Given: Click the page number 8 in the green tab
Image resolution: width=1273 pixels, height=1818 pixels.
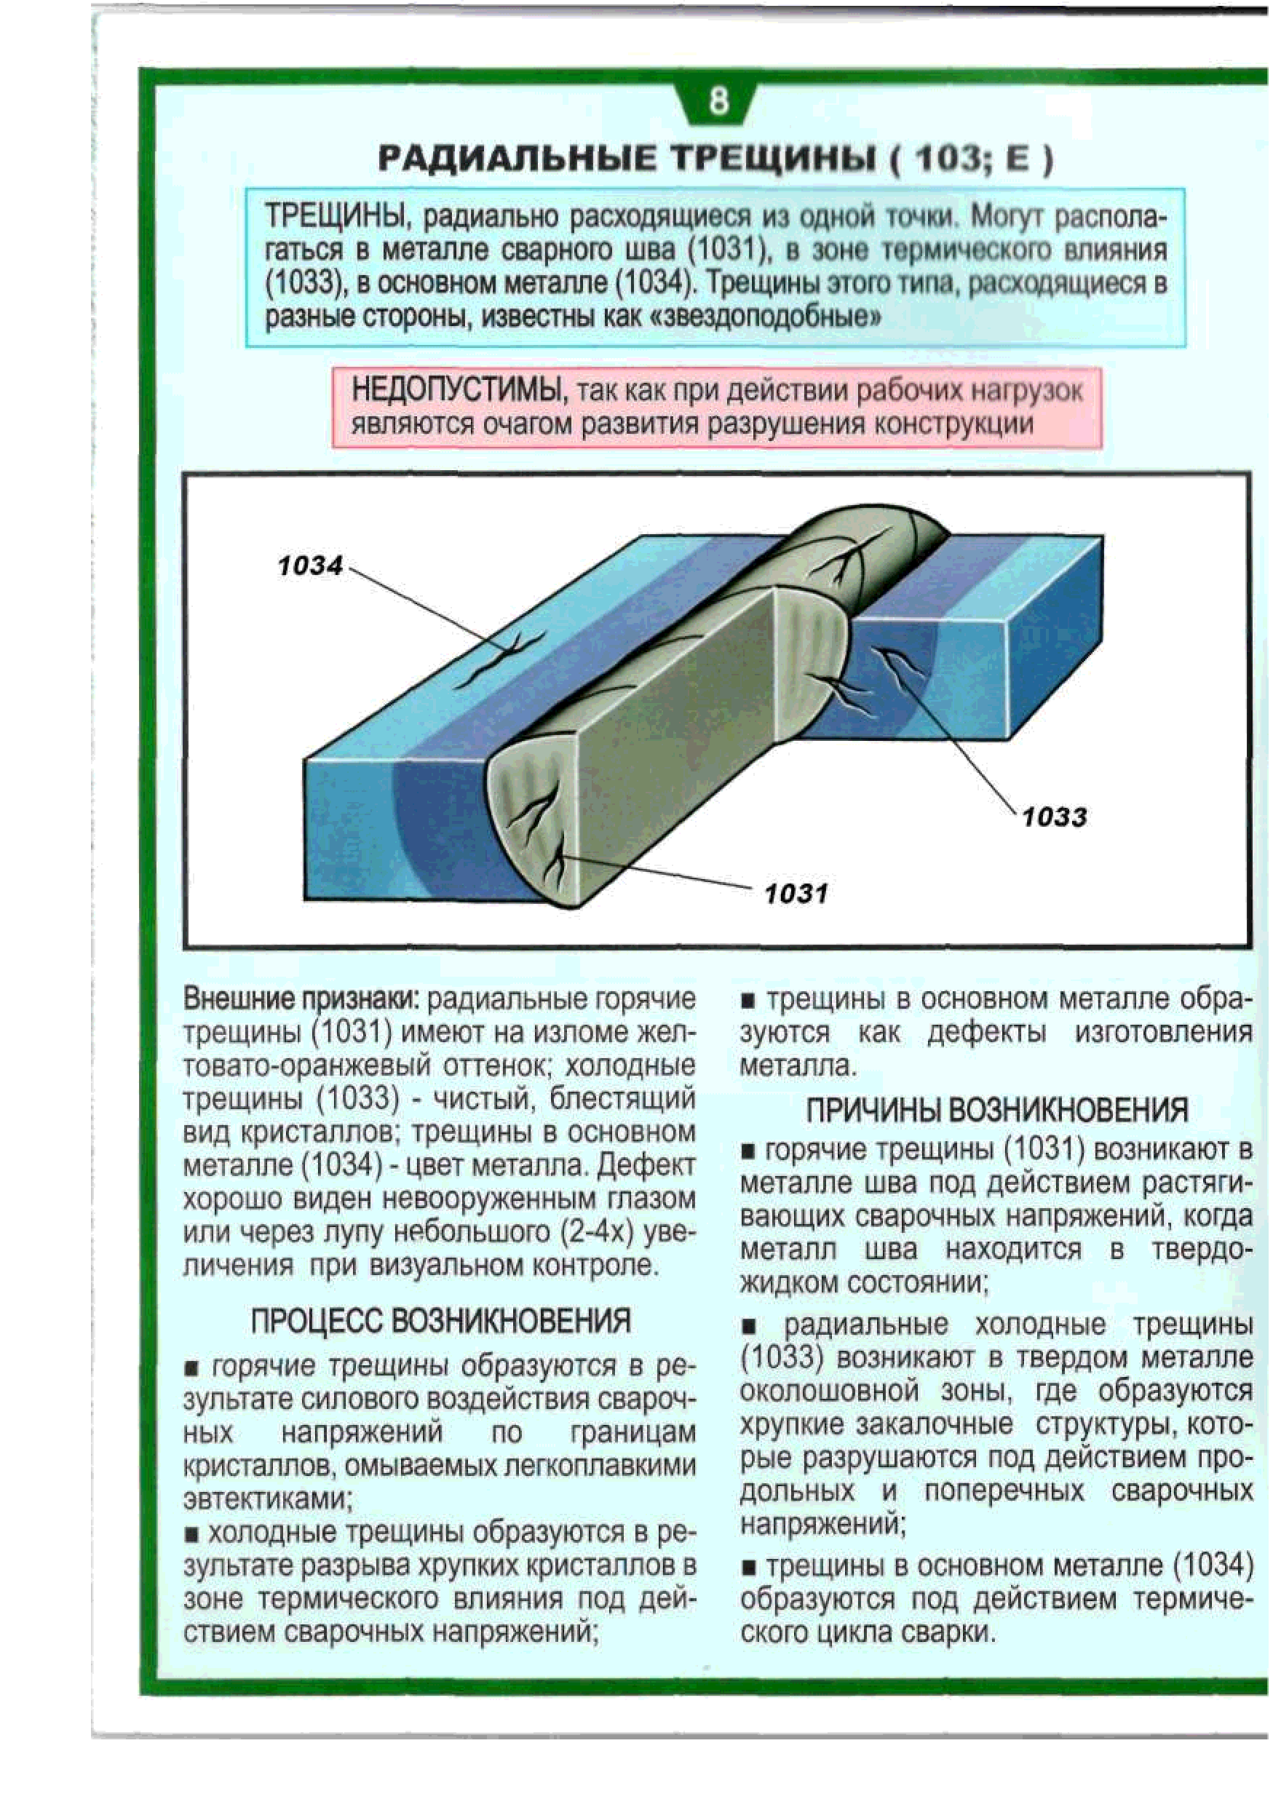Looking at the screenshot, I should (718, 101).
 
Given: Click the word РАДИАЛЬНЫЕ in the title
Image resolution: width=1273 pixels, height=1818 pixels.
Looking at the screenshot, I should (516, 159).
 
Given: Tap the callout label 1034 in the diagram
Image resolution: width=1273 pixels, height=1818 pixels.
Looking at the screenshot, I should (310, 565).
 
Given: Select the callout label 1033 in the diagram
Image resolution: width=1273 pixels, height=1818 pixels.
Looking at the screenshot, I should (1054, 817).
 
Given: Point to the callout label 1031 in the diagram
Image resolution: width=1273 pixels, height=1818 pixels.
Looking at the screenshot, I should (796, 894).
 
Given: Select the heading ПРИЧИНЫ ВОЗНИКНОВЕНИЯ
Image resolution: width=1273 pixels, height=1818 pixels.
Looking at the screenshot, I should (996, 1110).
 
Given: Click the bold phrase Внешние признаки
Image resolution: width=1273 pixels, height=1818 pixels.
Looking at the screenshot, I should (301, 999).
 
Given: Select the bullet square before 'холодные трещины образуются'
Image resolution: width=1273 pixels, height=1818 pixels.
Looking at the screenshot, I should (191, 1533).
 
